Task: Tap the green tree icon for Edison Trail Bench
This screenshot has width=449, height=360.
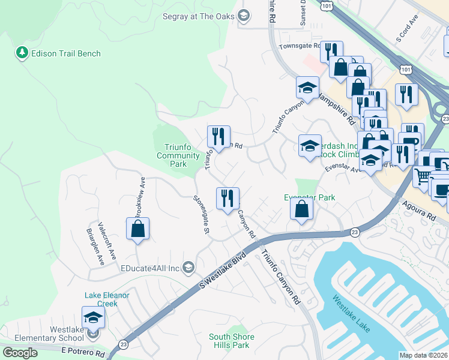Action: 23,53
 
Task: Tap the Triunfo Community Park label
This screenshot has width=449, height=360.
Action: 178,155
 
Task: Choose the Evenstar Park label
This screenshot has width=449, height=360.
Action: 309,197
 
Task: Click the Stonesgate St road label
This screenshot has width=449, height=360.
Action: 201,214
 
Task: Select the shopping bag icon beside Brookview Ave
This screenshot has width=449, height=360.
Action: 138,229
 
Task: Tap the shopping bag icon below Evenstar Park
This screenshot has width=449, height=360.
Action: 302,209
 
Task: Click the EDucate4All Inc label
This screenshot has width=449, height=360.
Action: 151,268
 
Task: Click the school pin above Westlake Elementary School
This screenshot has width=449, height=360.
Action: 93,317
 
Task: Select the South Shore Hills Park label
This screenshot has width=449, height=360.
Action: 231,341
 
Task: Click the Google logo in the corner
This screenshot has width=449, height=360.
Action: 20,352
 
